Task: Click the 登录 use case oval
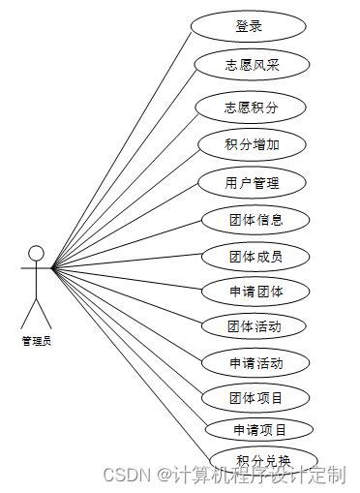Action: pyautogui.click(x=249, y=26)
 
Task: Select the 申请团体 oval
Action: pyautogui.click(x=255, y=291)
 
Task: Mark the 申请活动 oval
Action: pyautogui.click(x=255, y=363)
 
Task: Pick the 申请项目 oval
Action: pyautogui.click(x=259, y=429)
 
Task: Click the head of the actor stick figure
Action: pyautogui.click(x=36, y=254)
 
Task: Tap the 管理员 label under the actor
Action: pyautogui.click(x=36, y=340)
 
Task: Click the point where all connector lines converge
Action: pyautogui.click(x=52, y=268)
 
